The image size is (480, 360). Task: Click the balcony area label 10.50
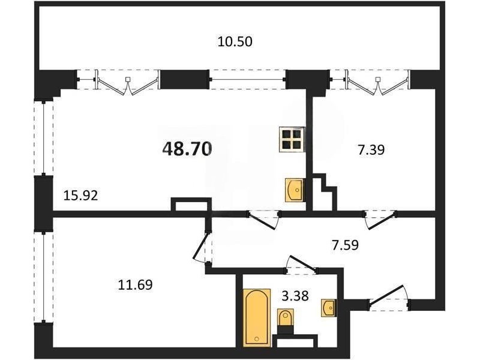tap(235, 41)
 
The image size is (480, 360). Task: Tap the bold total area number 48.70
tap(187, 149)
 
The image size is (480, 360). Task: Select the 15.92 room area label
tap(80, 195)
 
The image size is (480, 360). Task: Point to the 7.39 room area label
tap(371, 150)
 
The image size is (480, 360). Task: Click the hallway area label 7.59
tap(345, 245)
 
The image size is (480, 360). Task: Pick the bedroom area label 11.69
tap(135, 285)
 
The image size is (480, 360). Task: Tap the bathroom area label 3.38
tap(295, 296)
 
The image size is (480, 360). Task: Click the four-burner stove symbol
tap(292, 139)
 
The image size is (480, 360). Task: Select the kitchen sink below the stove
tap(295, 190)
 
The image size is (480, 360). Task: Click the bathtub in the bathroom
tap(257, 317)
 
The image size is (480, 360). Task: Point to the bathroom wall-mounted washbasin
tap(328, 308)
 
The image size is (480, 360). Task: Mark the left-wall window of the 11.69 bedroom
tap(43, 277)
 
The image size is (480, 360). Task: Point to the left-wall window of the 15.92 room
tap(43, 139)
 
